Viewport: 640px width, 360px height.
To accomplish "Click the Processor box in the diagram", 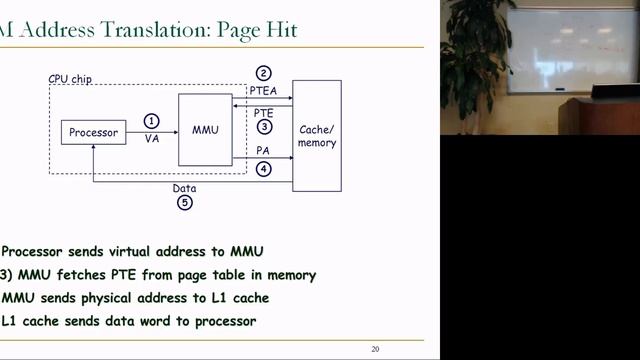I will [93, 132].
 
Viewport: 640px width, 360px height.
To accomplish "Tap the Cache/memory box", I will [317, 135].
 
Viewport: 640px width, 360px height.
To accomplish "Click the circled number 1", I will [152, 121].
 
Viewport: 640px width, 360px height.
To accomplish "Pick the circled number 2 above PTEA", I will [263, 73].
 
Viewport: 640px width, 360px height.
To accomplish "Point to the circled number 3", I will [263, 127].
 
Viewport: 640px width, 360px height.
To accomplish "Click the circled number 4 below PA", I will [263, 169].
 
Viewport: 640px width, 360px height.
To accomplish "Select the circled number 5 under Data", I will [184, 202].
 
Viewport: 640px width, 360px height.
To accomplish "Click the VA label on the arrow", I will [152, 139].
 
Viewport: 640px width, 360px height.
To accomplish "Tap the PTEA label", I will [263, 90].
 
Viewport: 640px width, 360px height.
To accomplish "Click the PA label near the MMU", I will [262, 151].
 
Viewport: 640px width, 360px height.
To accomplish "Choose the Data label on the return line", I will [184, 187].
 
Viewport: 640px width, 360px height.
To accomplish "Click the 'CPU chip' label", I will [70, 78].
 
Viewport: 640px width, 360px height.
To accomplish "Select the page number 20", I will [375, 348].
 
